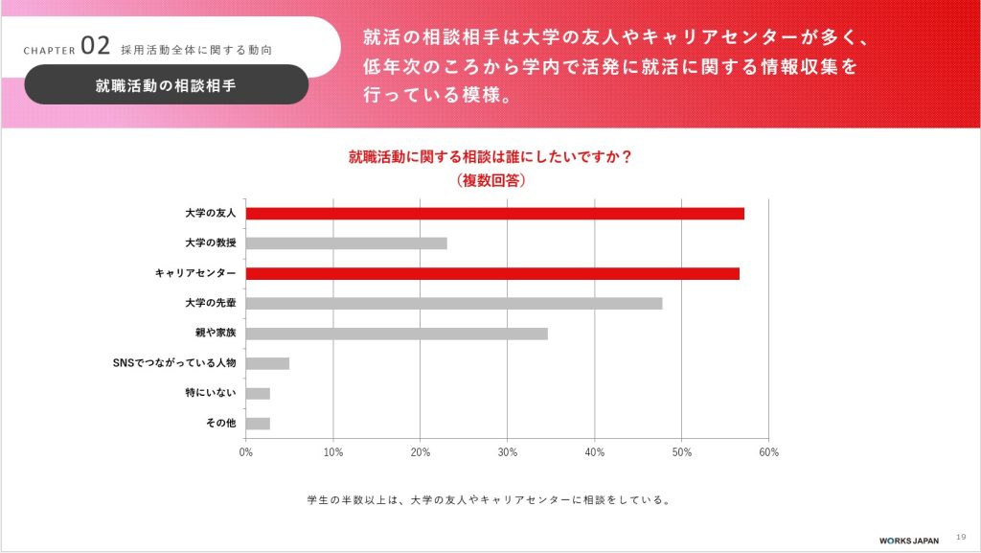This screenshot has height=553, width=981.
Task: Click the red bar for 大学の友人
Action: (x=494, y=213)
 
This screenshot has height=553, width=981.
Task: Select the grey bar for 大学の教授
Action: (x=346, y=243)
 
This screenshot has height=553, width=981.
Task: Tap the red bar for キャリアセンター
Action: (x=492, y=273)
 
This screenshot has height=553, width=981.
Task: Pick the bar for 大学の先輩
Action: (x=453, y=304)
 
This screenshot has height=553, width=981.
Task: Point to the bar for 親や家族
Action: (x=397, y=334)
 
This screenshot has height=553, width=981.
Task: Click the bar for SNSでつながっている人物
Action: (x=267, y=363)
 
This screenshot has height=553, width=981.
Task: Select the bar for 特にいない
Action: (x=258, y=394)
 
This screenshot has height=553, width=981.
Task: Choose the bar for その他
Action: (x=258, y=424)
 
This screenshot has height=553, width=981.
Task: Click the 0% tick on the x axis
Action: (x=246, y=451)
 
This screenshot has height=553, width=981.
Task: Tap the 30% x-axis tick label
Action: (x=508, y=451)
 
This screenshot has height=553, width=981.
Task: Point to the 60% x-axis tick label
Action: (x=768, y=451)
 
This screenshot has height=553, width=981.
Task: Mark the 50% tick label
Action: (x=681, y=451)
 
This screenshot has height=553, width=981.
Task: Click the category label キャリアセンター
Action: (x=195, y=273)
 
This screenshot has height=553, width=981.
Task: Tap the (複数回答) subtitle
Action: (x=490, y=179)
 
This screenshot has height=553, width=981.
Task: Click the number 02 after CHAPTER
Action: (x=97, y=46)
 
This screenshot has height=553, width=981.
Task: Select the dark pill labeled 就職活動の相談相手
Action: (x=166, y=84)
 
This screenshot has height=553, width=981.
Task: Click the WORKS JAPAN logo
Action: (x=909, y=540)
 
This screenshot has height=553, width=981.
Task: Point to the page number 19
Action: (x=962, y=538)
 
